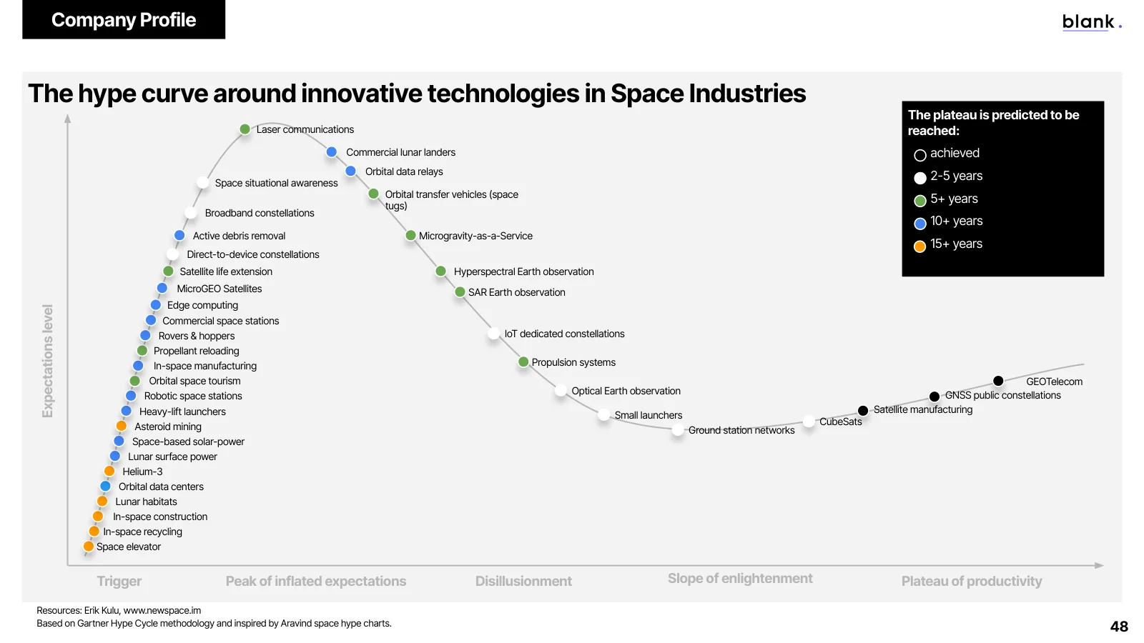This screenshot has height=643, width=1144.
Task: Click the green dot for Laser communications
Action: click(245, 129)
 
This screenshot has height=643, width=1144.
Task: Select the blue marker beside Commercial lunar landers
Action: click(332, 152)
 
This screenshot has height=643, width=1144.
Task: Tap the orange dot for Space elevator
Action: click(89, 547)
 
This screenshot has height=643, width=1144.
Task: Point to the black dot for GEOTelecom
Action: click(998, 382)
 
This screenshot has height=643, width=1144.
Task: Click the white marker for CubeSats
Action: click(809, 422)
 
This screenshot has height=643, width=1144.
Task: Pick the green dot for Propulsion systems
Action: click(523, 362)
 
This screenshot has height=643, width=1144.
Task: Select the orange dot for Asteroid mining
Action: click(121, 426)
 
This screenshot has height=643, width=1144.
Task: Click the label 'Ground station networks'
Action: click(741, 430)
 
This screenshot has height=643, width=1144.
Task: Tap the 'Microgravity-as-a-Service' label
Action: click(475, 236)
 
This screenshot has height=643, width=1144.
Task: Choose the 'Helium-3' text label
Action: click(142, 472)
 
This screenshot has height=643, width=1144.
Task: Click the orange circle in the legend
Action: click(919, 246)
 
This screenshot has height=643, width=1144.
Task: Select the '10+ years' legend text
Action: click(956, 221)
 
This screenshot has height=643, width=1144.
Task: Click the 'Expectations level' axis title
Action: click(47, 361)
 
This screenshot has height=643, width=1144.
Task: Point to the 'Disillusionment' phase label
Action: click(523, 582)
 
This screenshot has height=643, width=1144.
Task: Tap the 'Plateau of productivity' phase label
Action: click(972, 582)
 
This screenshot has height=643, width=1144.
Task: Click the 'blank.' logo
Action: click(1091, 22)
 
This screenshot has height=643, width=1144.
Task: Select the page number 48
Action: click(1119, 626)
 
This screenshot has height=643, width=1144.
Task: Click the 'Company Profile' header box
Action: click(124, 19)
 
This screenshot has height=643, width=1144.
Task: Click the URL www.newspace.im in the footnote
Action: click(162, 610)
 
